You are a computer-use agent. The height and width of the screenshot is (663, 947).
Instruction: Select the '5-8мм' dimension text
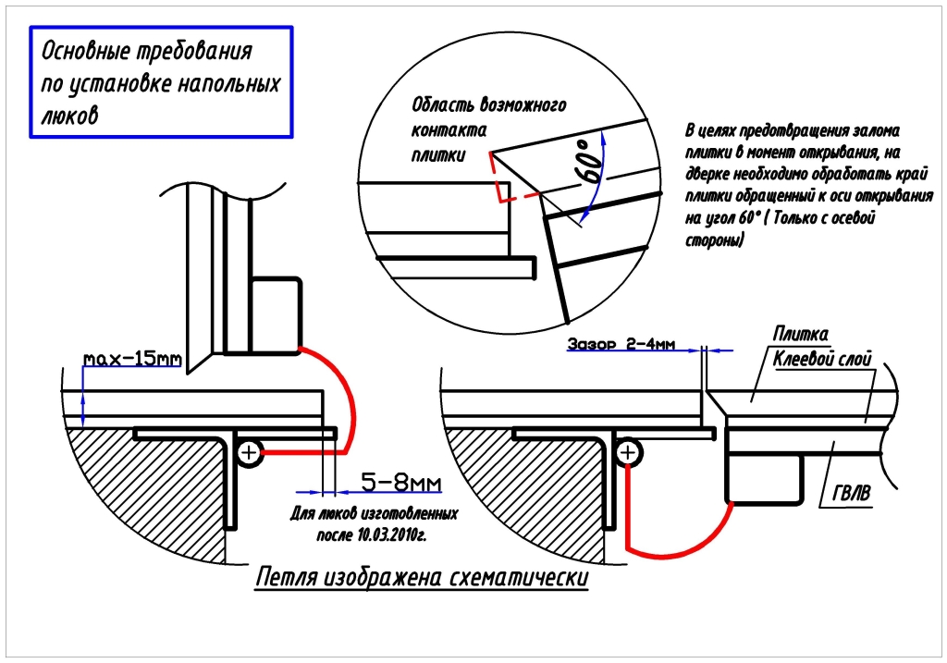click(x=400, y=483)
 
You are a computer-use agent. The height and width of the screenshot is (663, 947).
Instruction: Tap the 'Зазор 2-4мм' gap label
click(x=622, y=343)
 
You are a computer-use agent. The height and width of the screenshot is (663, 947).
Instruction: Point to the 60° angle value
click(x=589, y=166)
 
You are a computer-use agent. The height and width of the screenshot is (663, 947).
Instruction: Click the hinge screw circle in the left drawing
click(x=250, y=452)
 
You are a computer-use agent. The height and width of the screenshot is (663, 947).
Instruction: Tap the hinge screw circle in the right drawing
click(x=628, y=452)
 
